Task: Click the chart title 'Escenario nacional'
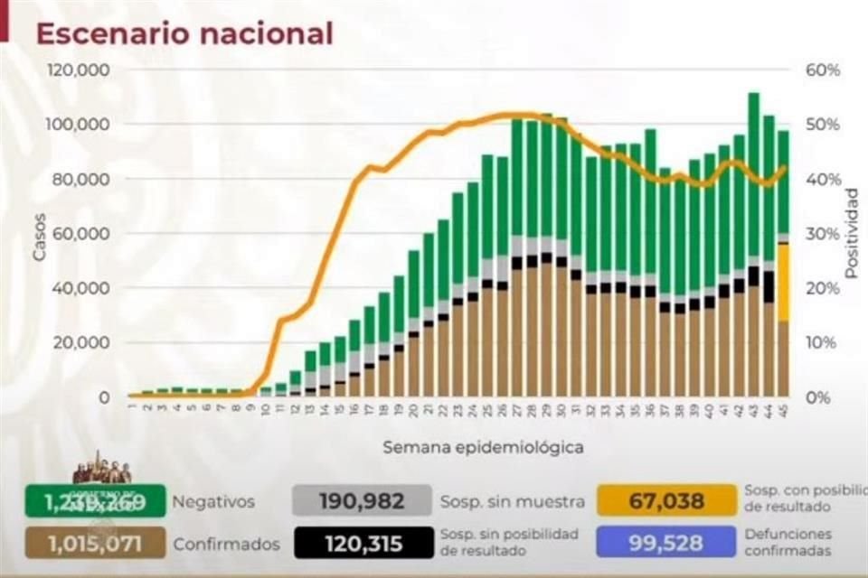click(184, 33)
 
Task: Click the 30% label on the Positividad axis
click(824, 234)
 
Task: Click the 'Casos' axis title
click(39, 242)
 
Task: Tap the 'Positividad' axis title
click(851, 233)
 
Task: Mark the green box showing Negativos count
click(95, 501)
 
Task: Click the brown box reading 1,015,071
click(95, 544)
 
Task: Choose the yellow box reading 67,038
click(666, 501)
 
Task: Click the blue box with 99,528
click(666, 544)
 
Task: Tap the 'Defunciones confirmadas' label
click(788, 543)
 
